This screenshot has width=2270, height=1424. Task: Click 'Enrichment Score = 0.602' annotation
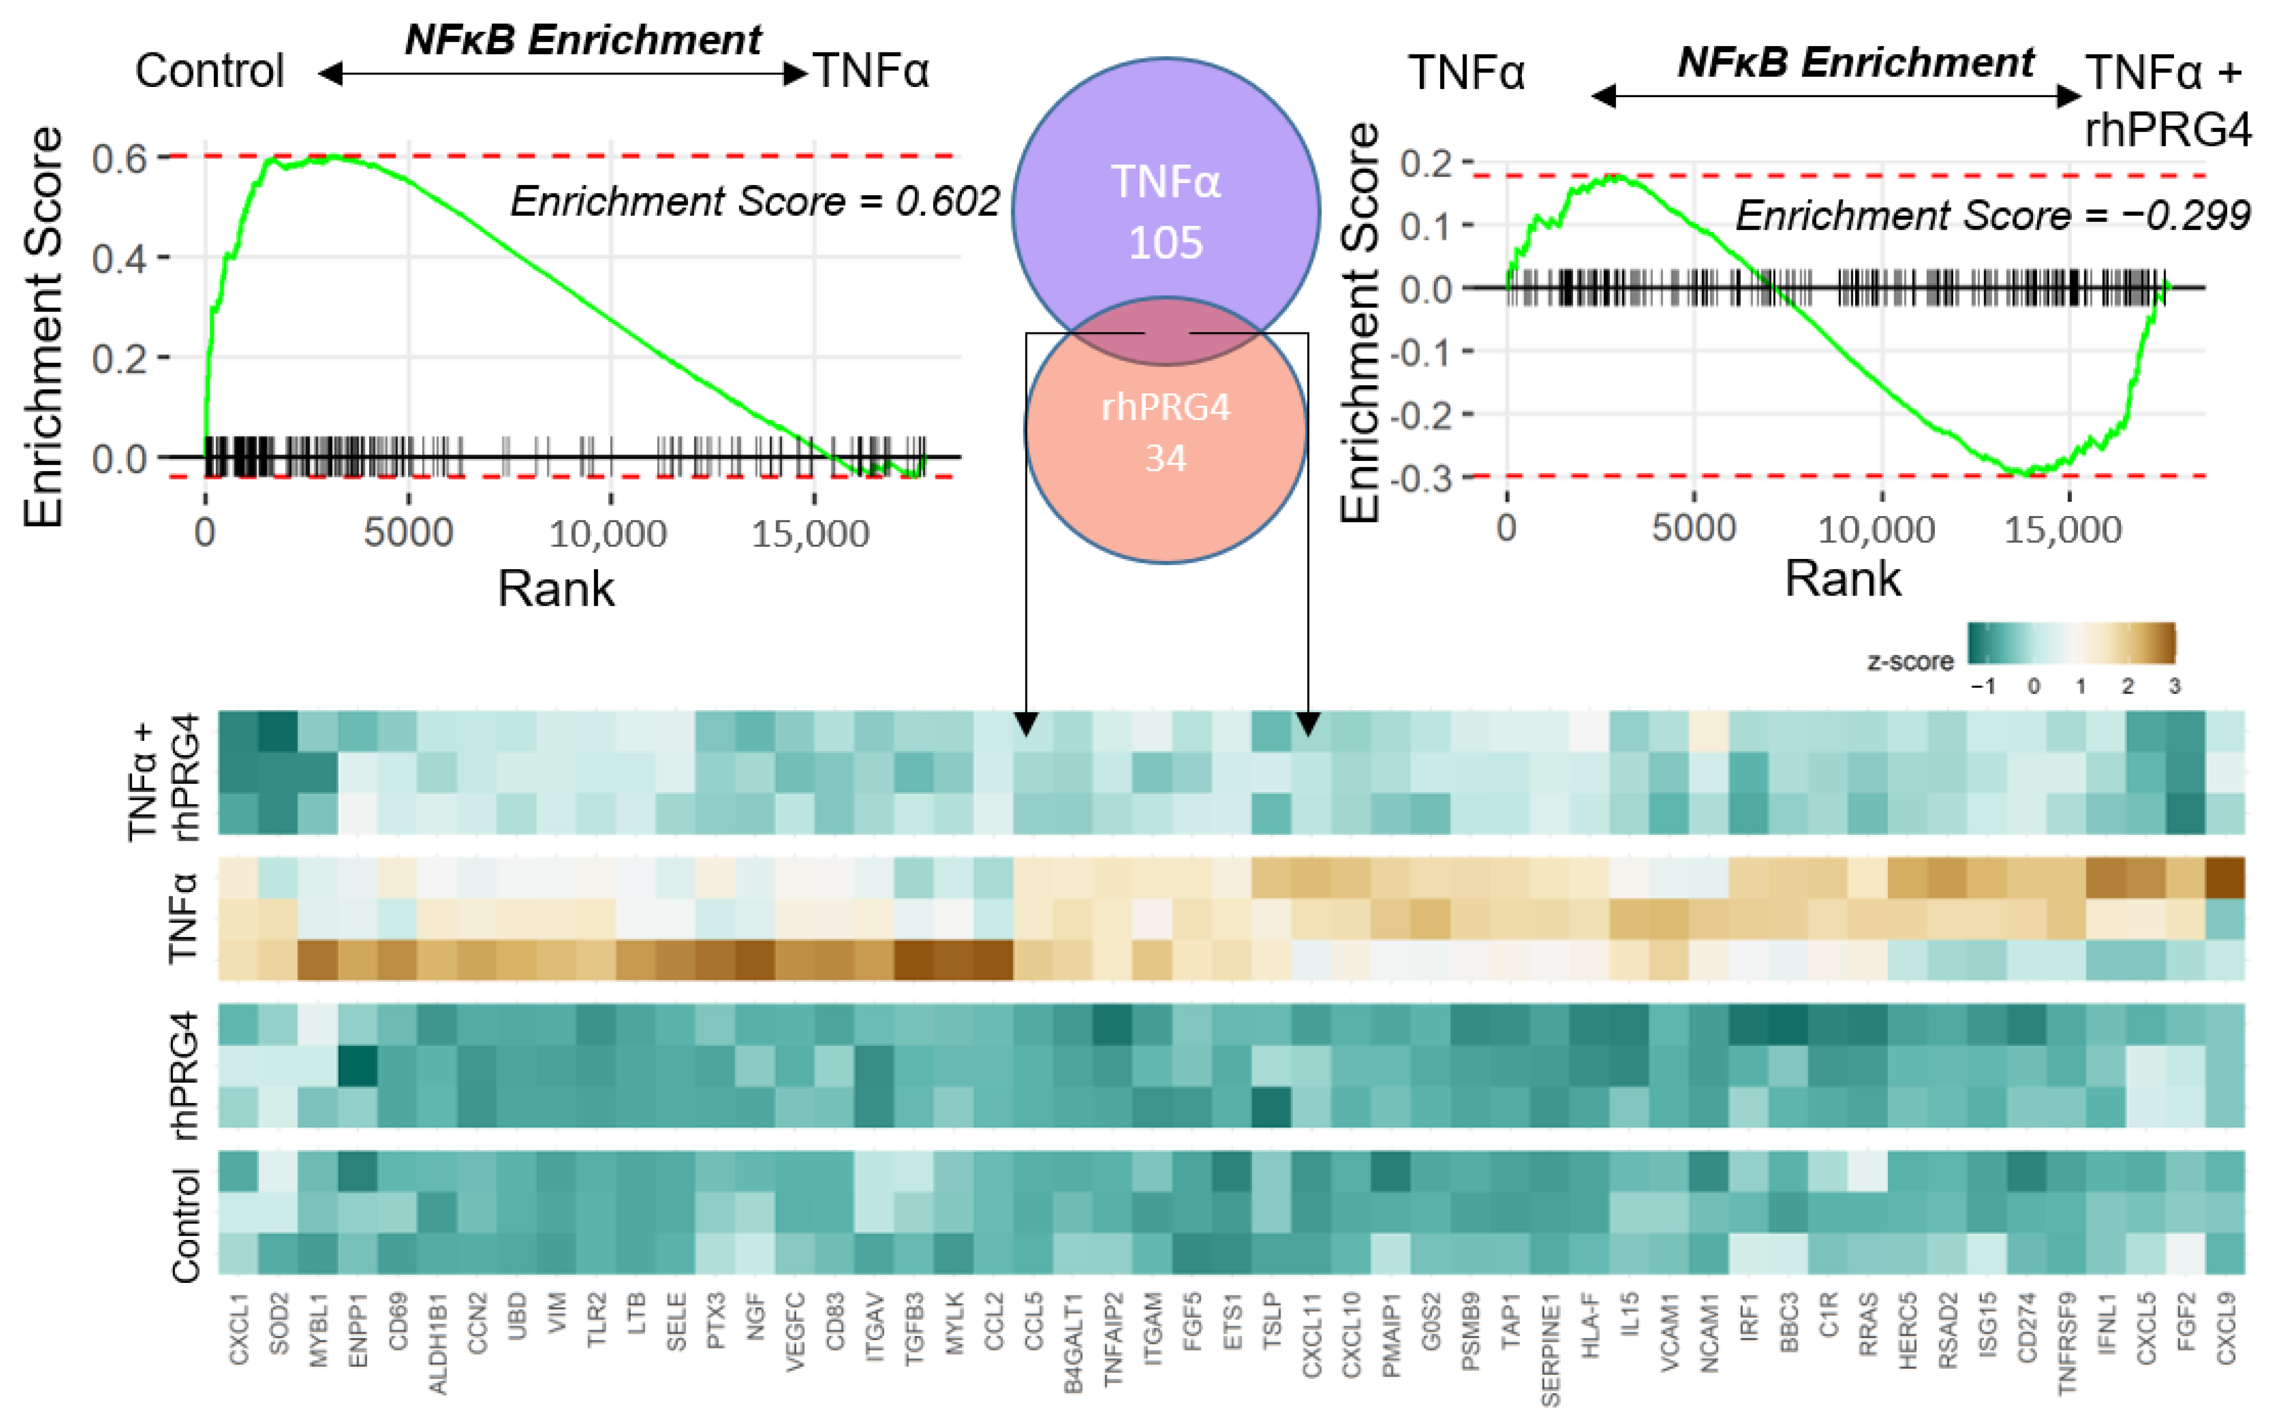[x=753, y=202]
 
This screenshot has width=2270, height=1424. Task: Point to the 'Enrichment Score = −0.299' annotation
[x=1992, y=216]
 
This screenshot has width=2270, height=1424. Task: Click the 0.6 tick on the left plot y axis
[x=119, y=158]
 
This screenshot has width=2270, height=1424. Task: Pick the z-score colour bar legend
[x=2071, y=645]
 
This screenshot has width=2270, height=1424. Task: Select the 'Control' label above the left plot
[x=209, y=71]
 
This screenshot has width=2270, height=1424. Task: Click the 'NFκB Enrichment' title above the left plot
[x=583, y=40]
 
